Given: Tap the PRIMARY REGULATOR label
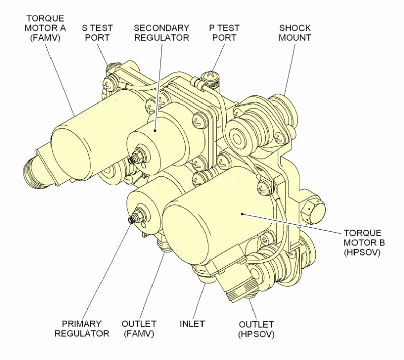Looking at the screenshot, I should [86, 328].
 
